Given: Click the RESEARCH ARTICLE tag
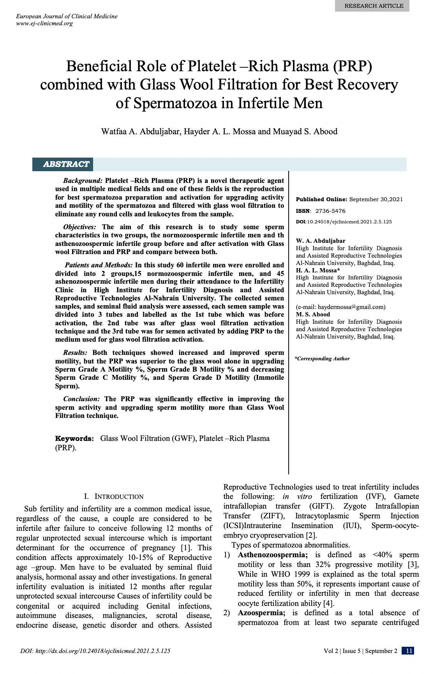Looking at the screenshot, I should (x=374, y=6).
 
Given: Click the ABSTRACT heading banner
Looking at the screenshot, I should (x=66, y=164).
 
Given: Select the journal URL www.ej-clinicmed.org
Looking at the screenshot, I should (x=44, y=23).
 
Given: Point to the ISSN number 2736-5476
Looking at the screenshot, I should (x=330, y=211).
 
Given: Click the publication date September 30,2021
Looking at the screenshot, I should (x=376, y=199).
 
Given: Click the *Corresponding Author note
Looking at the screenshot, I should (x=322, y=359).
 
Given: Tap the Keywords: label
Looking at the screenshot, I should (x=74, y=439).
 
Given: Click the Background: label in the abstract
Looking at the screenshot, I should (x=83, y=181).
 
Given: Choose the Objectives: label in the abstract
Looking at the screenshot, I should (x=79, y=227).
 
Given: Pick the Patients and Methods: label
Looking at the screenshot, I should (x=99, y=265).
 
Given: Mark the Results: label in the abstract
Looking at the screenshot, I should (x=75, y=353).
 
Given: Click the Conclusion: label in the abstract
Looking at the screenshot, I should (x=81, y=399).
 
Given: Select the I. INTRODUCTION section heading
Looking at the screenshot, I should (x=114, y=497).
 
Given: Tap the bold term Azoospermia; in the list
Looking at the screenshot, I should (x=261, y=613).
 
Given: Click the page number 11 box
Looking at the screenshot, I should (x=408, y=651).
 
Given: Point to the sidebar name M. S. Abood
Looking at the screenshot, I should (x=313, y=314).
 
